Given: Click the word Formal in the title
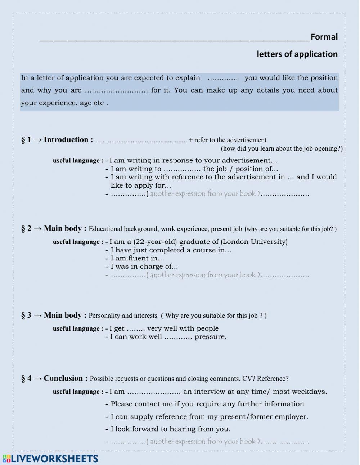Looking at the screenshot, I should (x=324, y=37).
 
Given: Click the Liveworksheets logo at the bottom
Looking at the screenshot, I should (x=50, y=459).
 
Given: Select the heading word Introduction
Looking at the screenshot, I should (x=66, y=140).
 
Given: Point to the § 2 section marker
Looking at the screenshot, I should (x=26, y=229).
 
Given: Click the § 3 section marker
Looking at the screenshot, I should (x=26, y=316).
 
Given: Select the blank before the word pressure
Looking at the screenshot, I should (x=178, y=337).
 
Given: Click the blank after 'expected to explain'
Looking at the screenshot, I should (x=222, y=78).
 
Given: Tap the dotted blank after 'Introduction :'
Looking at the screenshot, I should (x=141, y=141).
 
